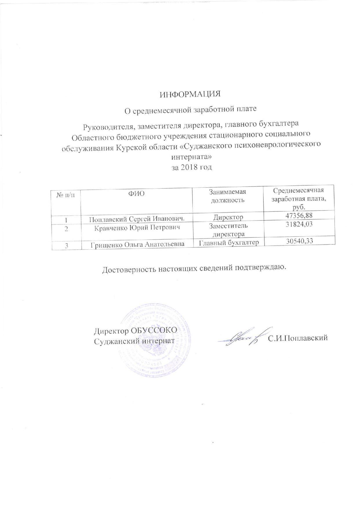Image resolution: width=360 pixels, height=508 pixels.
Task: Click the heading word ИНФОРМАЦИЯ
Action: click(x=190, y=94)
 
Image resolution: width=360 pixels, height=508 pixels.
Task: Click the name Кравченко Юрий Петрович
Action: click(x=137, y=227)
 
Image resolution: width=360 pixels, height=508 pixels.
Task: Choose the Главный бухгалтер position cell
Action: click(x=228, y=242)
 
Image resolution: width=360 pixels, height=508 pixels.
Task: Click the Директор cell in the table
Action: click(x=228, y=217)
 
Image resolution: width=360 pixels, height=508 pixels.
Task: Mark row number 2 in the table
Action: click(x=66, y=229)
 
